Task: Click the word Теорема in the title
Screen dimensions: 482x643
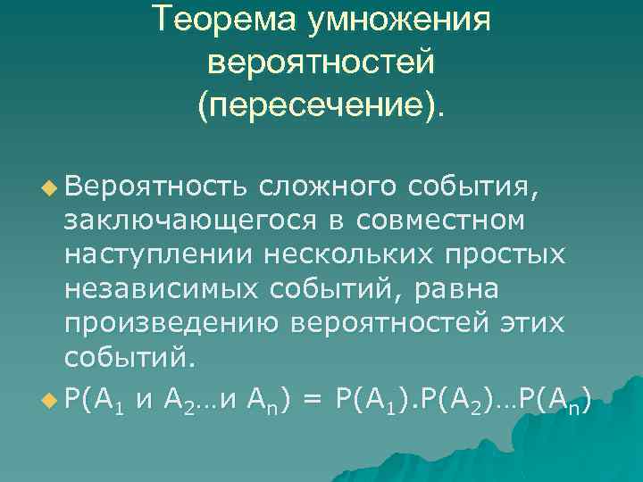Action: coord(225,20)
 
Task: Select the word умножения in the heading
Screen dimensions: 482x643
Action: coord(399,20)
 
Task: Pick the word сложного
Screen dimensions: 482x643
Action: coord(325,187)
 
